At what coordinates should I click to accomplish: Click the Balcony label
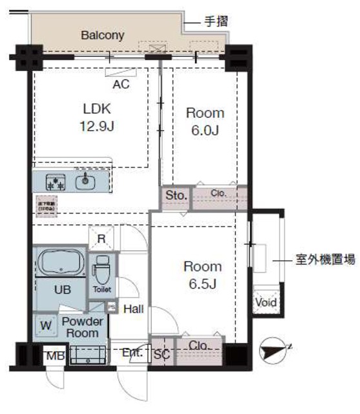[x=102, y=35]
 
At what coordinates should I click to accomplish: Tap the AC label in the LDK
[x=121, y=83]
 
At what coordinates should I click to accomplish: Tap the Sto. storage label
[x=176, y=195]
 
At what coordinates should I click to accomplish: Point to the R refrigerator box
[x=101, y=238]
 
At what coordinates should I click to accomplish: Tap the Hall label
[x=133, y=309]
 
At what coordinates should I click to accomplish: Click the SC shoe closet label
[x=162, y=354]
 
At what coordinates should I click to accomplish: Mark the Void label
[x=266, y=302]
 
